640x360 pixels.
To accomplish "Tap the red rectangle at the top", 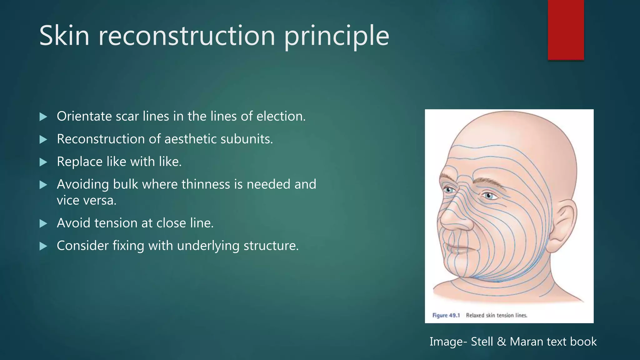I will point(566,30).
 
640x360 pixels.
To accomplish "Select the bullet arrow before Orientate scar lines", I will point(43,117).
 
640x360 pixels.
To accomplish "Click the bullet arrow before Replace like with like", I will point(43,162).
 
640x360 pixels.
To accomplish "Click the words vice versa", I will point(87,201).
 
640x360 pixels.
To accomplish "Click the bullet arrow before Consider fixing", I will point(43,246).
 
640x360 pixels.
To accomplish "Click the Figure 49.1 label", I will point(446,315).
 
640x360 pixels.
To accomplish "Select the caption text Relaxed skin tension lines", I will point(497,315).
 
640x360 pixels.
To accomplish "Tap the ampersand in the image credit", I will point(502,342).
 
